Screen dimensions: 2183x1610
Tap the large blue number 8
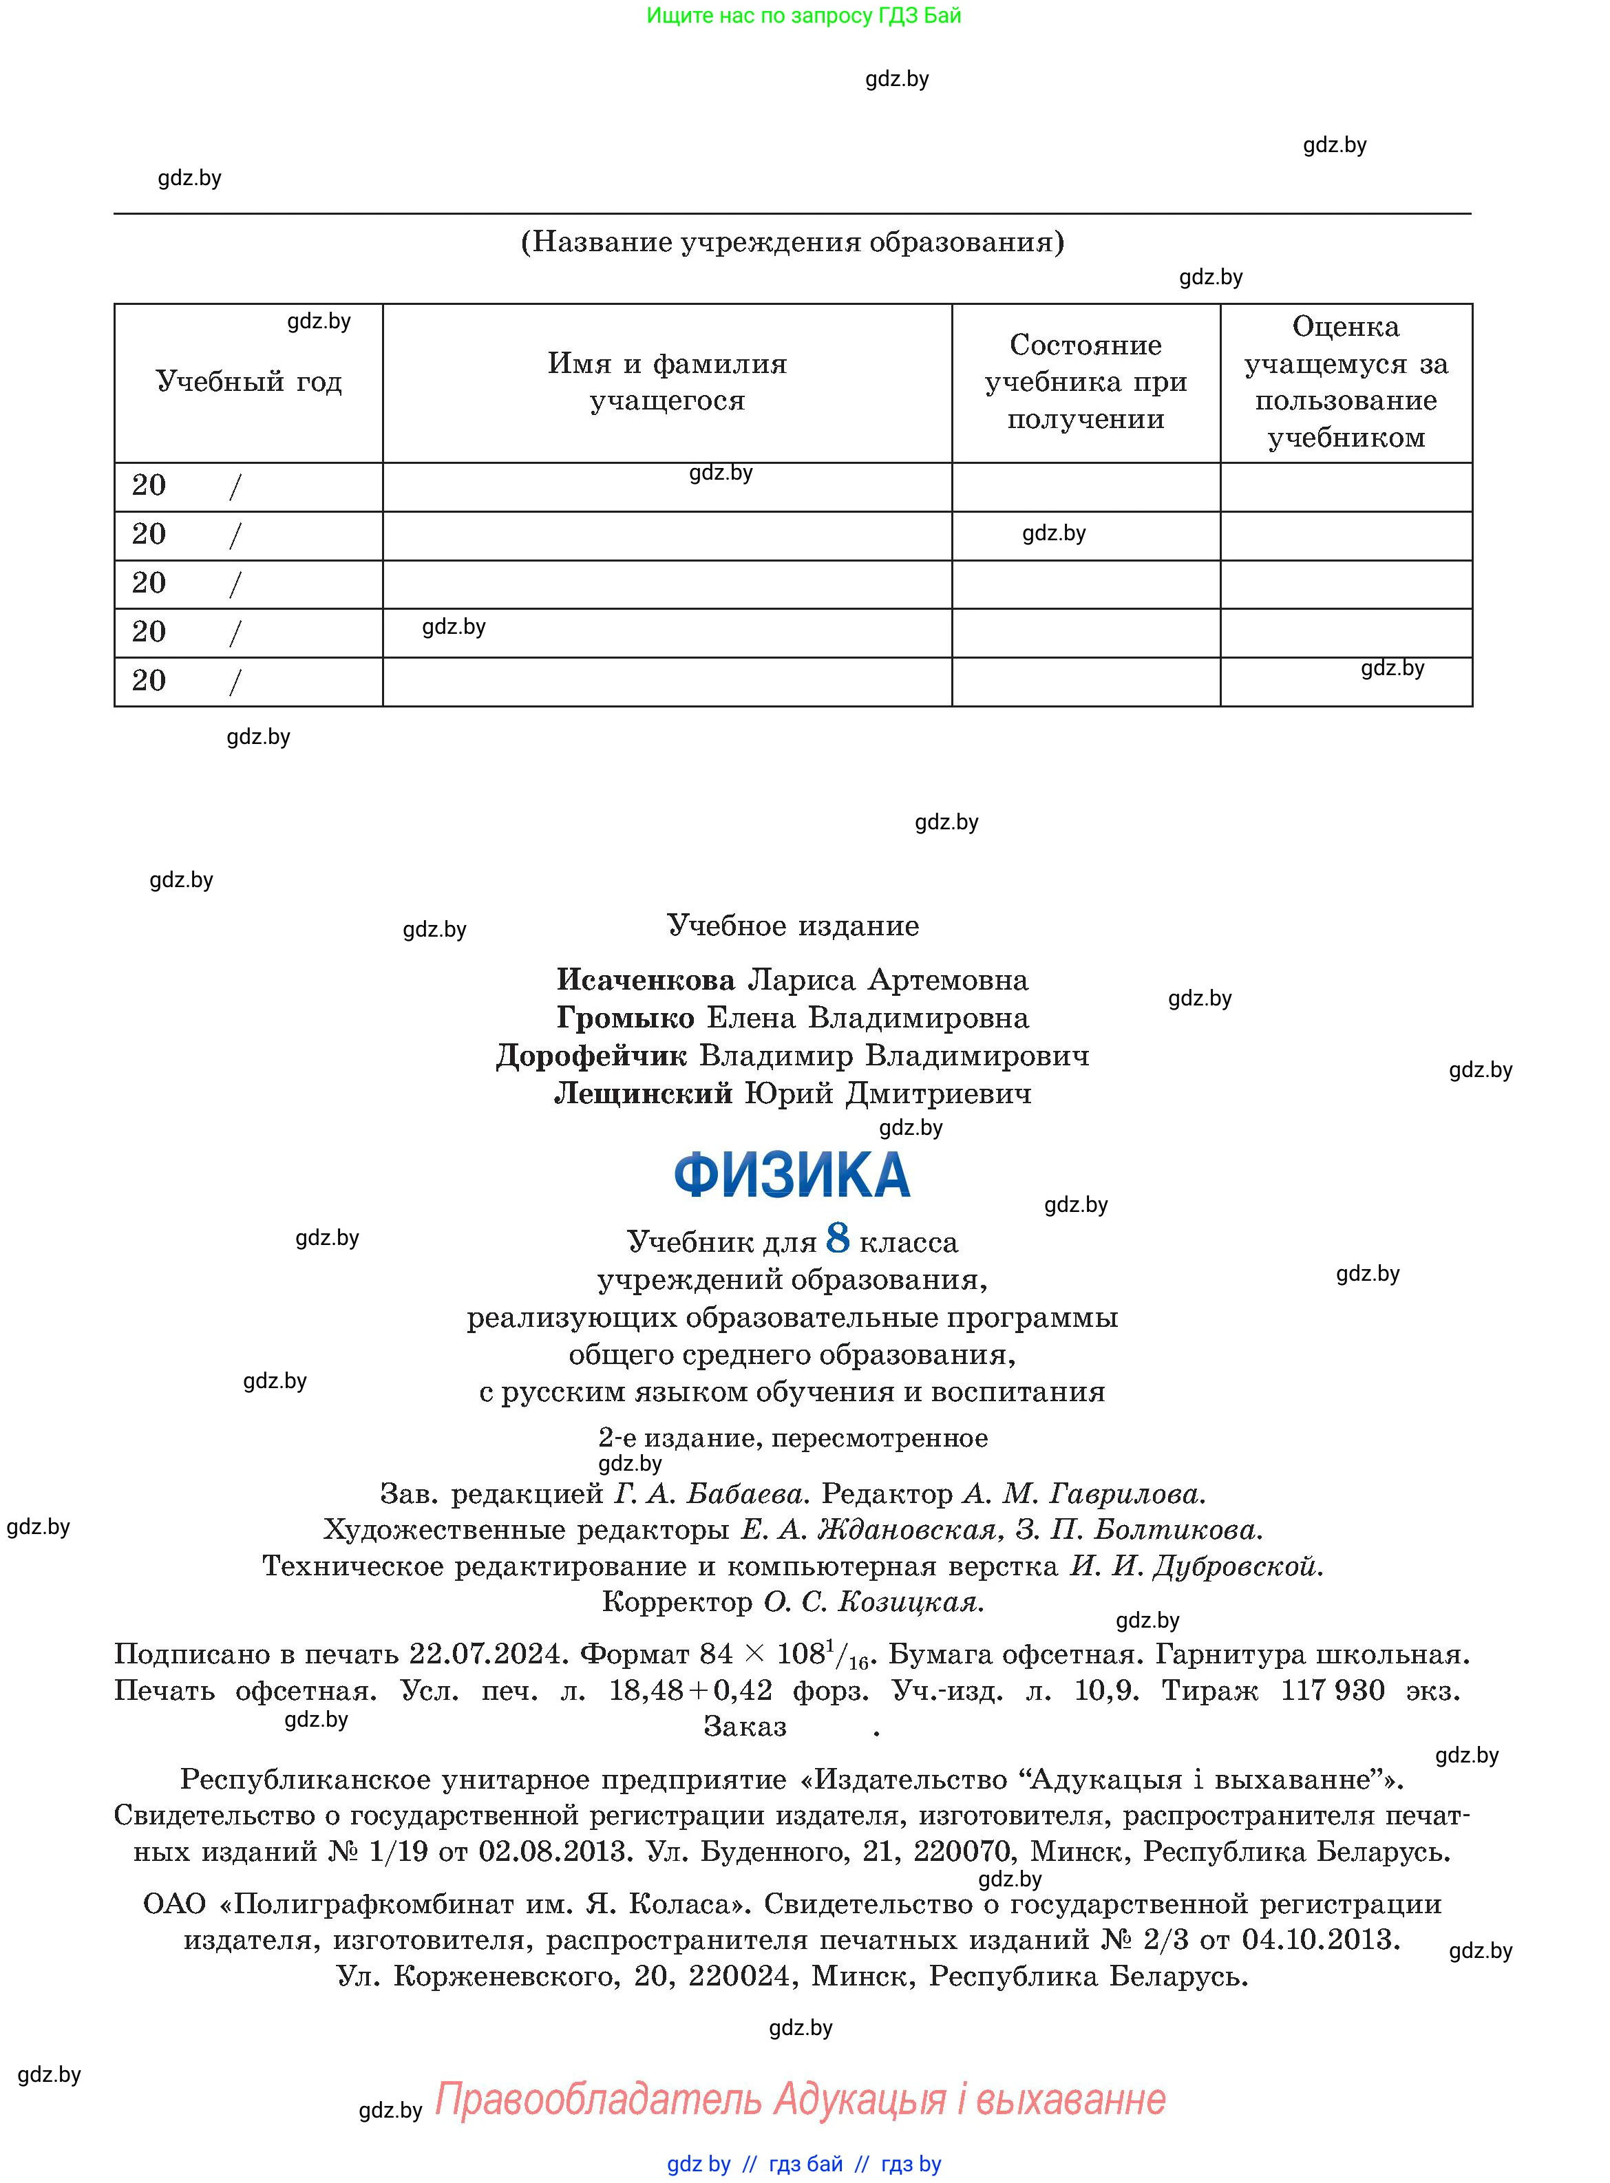point(837,1238)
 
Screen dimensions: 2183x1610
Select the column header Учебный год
point(248,382)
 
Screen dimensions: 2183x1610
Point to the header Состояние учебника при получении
point(1085,382)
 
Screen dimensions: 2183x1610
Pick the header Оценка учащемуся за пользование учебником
point(1346,382)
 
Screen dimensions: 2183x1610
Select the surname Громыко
point(625,1018)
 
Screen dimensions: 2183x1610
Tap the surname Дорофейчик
point(591,1056)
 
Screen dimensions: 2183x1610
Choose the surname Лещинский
point(643,1094)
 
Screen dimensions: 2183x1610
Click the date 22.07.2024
point(487,1654)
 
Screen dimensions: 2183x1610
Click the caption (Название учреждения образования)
point(792,242)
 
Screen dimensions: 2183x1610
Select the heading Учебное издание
point(792,926)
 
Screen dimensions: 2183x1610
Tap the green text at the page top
point(804,16)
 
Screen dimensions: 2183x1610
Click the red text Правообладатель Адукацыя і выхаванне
point(799,2098)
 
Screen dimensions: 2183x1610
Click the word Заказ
point(745,1727)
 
